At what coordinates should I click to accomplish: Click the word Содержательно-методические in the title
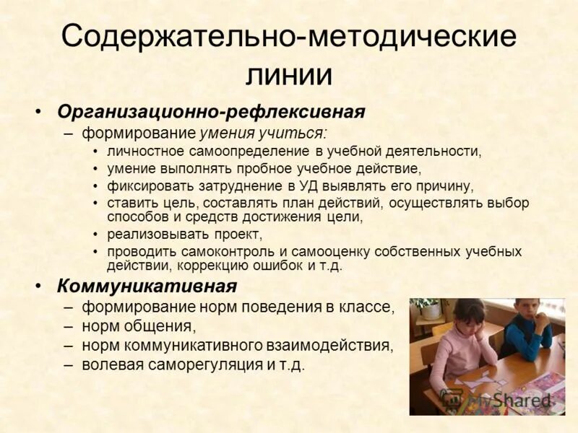(289, 37)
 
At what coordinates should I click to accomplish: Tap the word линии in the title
(288, 74)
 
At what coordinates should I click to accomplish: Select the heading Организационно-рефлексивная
(211, 113)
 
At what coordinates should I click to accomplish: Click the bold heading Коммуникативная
(147, 286)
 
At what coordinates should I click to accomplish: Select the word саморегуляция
(204, 364)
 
